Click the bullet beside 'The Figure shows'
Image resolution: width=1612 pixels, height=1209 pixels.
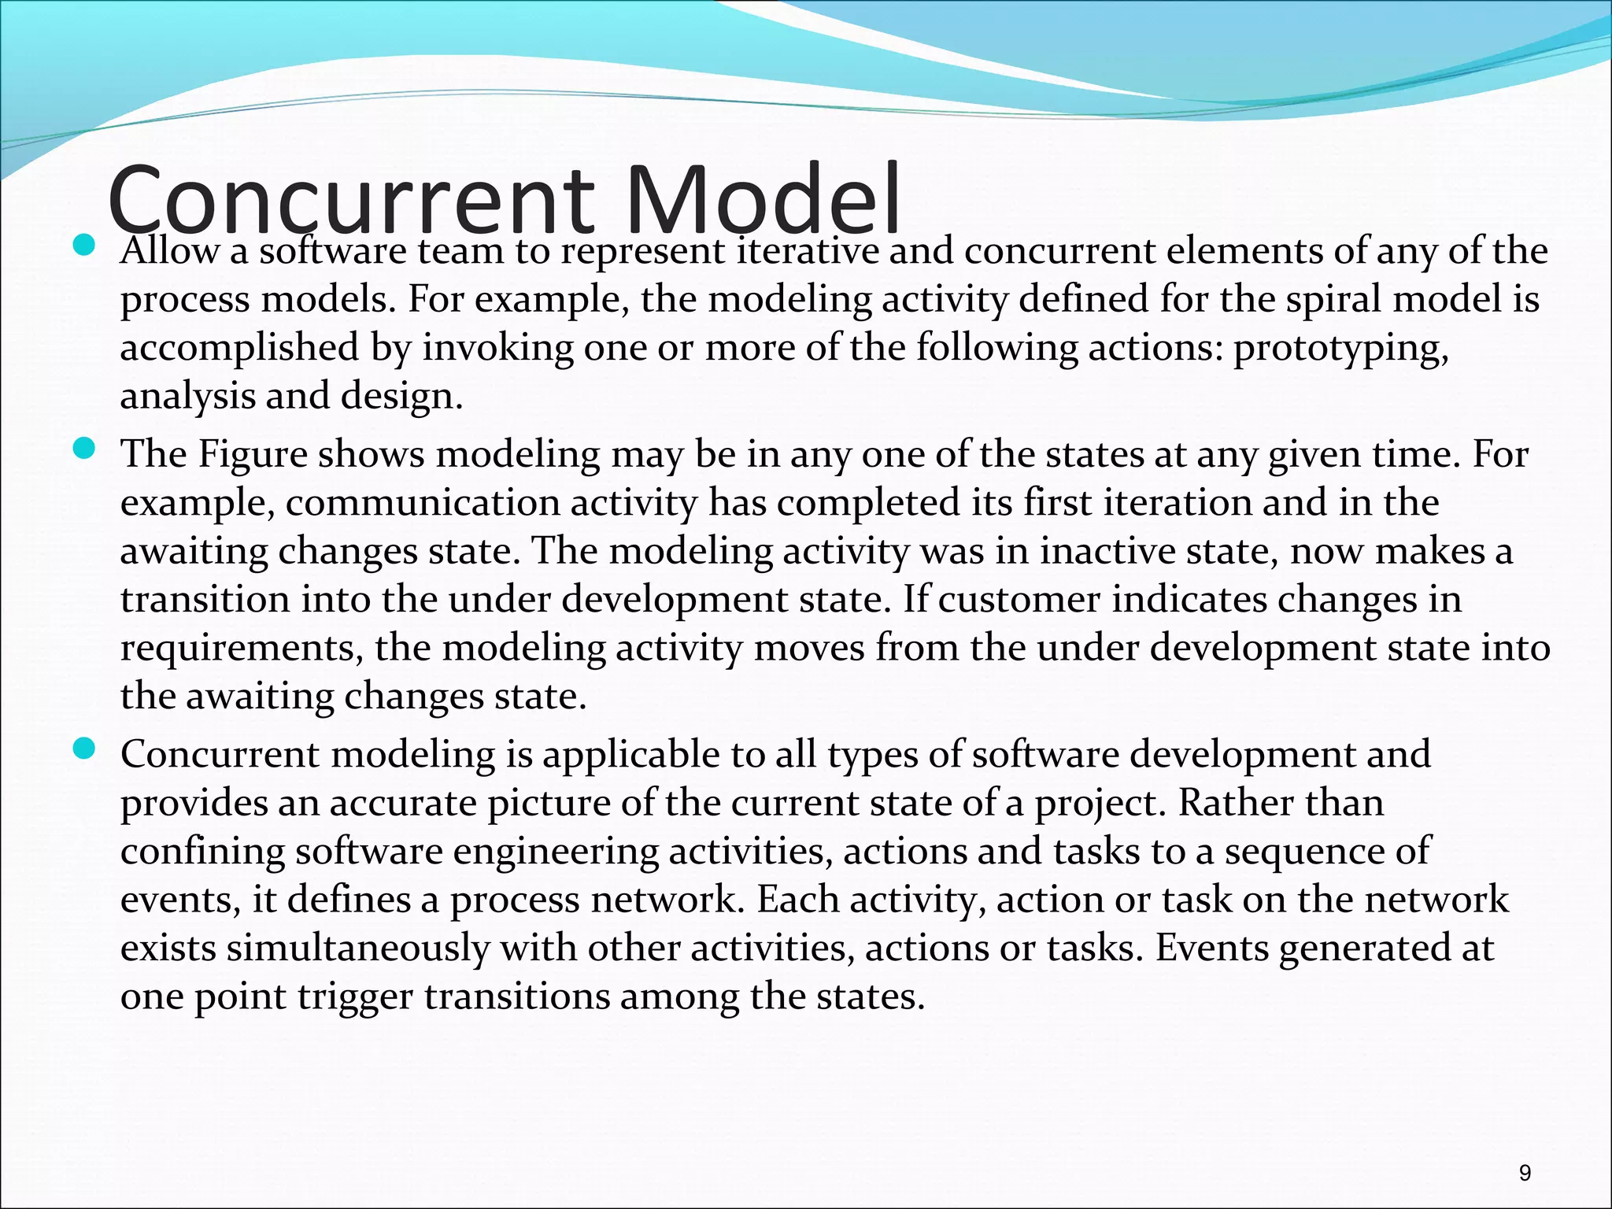(x=83, y=449)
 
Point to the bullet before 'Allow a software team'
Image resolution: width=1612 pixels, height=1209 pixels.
(x=83, y=246)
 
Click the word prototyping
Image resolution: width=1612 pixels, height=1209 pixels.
(x=1340, y=348)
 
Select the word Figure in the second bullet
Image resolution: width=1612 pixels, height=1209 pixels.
(x=252, y=454)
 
